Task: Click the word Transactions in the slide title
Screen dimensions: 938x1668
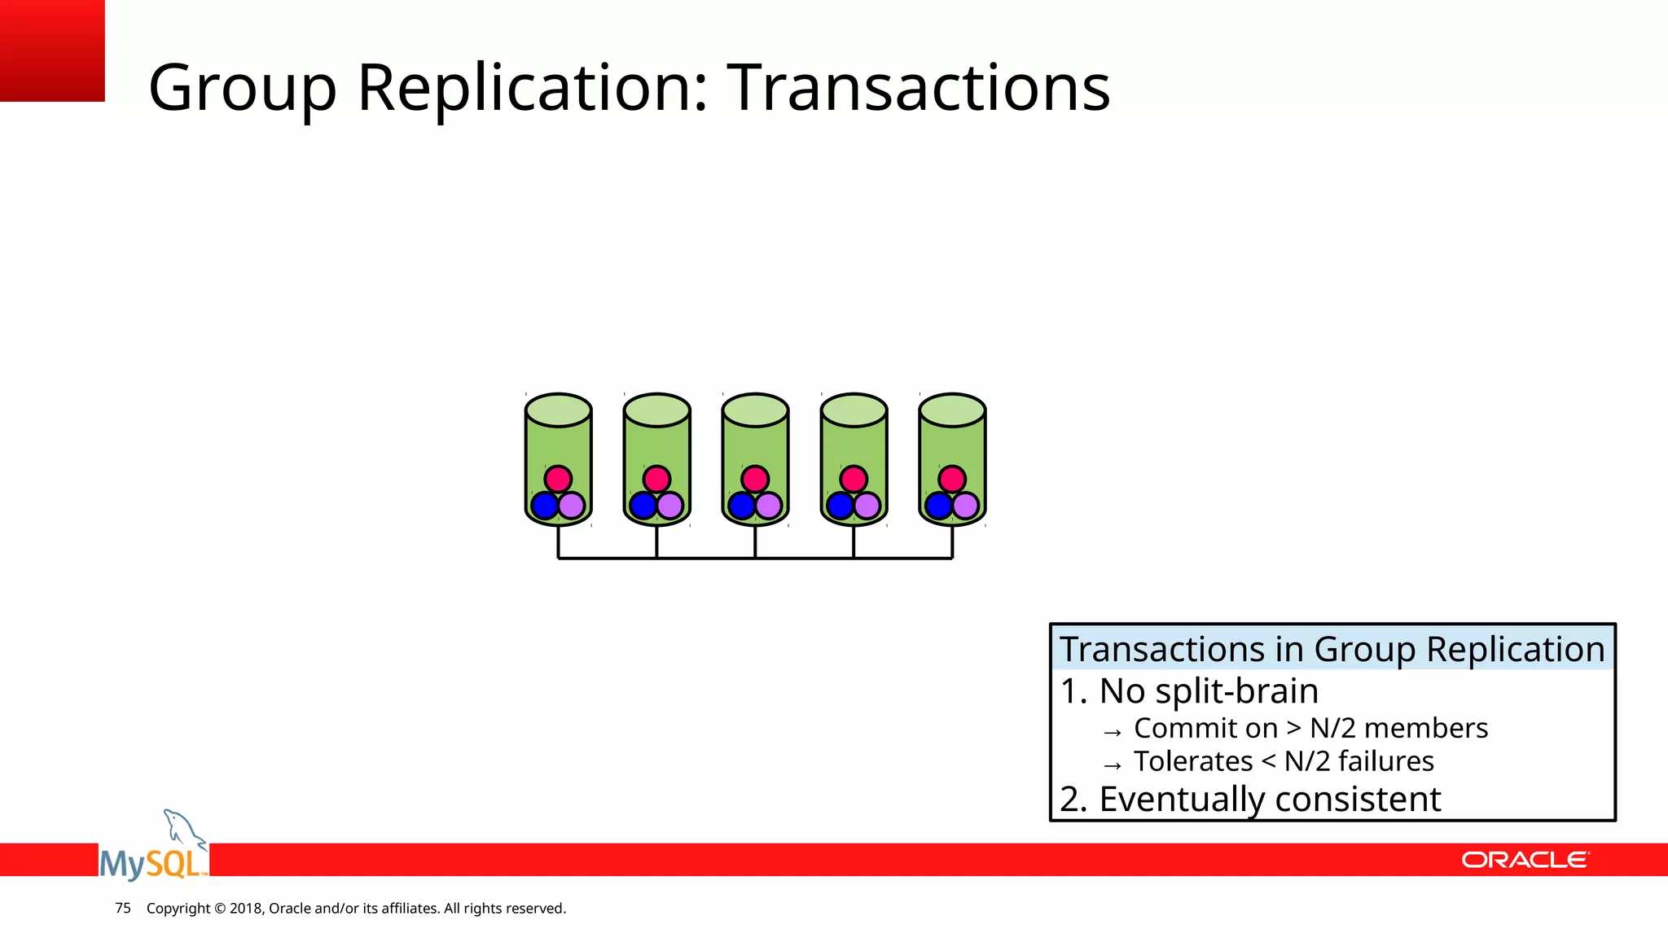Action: pos(918,87)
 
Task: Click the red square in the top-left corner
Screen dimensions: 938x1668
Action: pos(52,50)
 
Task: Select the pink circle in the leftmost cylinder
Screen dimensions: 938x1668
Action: pos(558,479)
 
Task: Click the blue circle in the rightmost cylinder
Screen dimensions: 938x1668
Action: pos(938,506)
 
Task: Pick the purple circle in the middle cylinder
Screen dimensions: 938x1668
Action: pos(768,506)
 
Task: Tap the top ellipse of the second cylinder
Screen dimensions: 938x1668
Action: pos(656,410)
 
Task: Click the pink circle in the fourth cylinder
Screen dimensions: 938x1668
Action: pos(854,479)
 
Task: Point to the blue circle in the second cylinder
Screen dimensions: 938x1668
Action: pos(643,506)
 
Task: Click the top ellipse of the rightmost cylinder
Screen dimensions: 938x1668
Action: pos(952,410)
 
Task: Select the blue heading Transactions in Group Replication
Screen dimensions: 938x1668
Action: pos(1332,649)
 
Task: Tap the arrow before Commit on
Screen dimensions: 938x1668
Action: pos(1113,732)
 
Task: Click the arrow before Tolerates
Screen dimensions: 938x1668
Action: pos(1113,765)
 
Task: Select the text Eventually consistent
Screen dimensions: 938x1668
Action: pos(1270,799)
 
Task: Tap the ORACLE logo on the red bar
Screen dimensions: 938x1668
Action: pos(1524,860)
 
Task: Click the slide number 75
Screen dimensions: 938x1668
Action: pos(123,908)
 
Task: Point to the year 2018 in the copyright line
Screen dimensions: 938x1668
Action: pos(245,908)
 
